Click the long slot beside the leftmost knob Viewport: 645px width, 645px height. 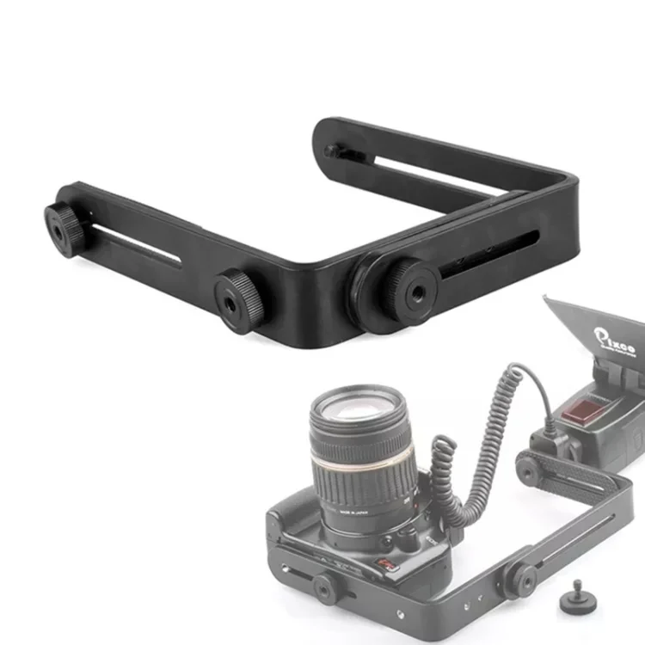[x=138, y=245]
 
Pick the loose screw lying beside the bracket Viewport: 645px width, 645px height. [x=572, y=602]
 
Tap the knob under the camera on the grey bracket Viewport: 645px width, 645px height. [x=324, y=589]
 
